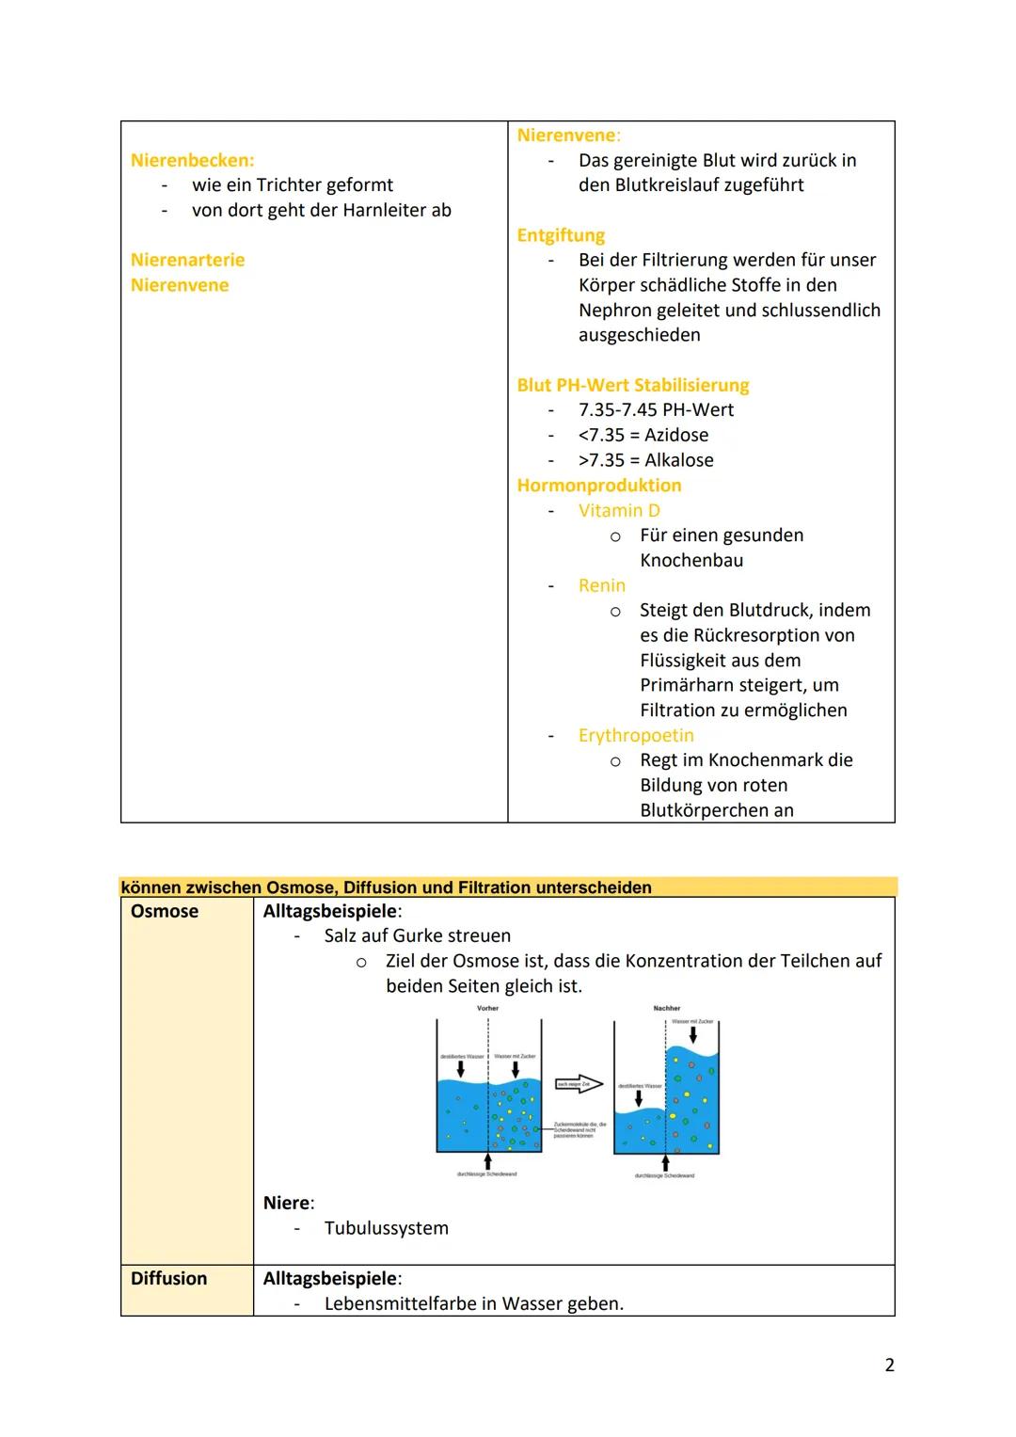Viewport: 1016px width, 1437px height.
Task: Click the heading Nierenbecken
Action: pyautogui.click(x=192, y=160)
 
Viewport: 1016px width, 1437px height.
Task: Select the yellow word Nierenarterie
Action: pyautogui.click(x=187, y=260)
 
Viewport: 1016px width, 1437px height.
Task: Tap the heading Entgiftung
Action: pyautogui.click(x=561, y=235)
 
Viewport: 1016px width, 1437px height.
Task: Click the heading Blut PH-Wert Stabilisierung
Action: pyautogui.click(x=632, y=385)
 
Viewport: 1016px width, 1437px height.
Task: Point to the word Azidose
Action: pyautogui.click(x=676, y=435)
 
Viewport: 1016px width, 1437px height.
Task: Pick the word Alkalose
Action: pyautogui.click(x=679, y=460)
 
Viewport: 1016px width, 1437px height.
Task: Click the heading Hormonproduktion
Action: pyautogui.click(x=599, y=486)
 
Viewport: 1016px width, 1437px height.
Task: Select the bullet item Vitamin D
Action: pyautogui.click(x=619, y=510)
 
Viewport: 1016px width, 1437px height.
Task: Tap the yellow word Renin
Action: pyautogui.click(x=602, y=585)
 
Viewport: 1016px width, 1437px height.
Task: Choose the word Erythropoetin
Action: pyautogui.click(x=636, y=735)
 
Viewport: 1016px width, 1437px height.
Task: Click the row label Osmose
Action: pyautogui.click(x=165, y=911)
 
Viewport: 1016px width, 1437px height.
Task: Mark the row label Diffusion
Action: pyautogui.click(x=168, y=1278)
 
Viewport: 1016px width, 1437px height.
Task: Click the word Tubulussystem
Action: pyautogui.click(x=386, y=1228)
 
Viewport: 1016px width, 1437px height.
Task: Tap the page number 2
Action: pyautogui.click(x=889, y=1365)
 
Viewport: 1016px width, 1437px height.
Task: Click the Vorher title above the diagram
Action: pyautogui.click(x=487, y=1008)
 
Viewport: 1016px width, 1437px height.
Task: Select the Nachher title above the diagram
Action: pyautogui.click(x=666, y=1008)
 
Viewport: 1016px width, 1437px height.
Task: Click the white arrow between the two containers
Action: pyautogui.click(x=579, y=1084)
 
